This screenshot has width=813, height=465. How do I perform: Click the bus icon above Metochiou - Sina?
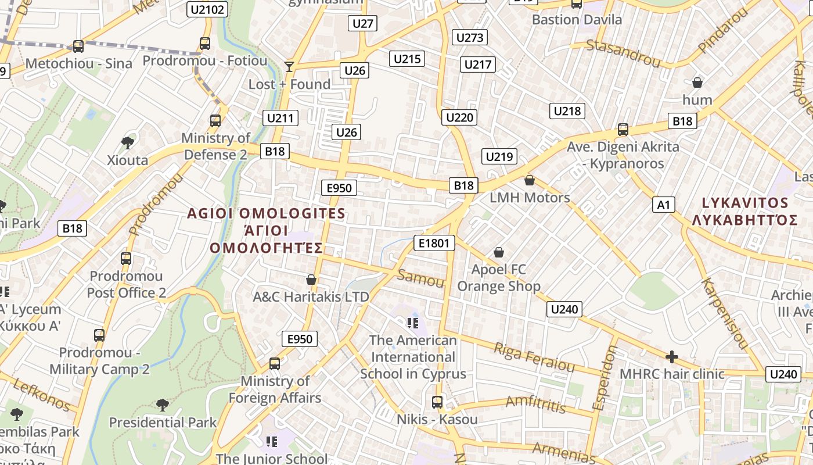point(78,46)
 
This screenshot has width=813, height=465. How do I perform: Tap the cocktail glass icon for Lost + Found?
point(289,67)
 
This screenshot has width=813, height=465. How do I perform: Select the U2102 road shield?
point(207,9)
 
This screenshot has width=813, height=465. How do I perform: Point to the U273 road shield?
point(469,38)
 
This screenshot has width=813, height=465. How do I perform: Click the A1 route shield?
point(663,205)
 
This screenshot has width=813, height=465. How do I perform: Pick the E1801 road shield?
point(434,243)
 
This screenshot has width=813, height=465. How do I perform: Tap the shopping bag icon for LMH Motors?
point(529,180)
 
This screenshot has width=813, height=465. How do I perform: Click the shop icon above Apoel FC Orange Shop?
point(498,252)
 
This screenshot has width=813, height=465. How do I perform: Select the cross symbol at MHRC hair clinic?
point(672,356)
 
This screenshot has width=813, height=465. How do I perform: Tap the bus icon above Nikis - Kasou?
point(437,402)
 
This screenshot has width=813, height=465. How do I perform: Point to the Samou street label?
point(420,278)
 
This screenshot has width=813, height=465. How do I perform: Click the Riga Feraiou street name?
point(534,356)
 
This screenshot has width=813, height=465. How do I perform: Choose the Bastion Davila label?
point(577,20)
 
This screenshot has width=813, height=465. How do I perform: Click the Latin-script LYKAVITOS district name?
point(745,203)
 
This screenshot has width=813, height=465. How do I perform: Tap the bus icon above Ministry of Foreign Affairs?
point(275,364)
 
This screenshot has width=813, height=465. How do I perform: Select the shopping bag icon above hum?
point(697,83)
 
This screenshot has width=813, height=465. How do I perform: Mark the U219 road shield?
point(499,156)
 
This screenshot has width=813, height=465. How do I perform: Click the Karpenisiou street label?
point(724,313)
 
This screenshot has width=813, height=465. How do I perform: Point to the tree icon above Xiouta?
point(128,142)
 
